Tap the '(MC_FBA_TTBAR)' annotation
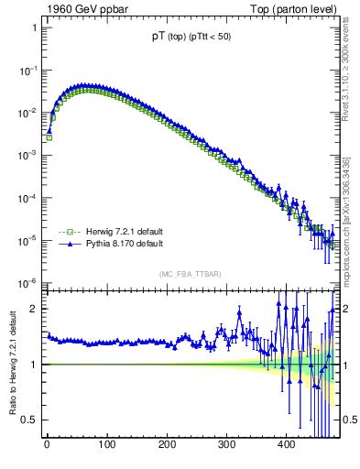tap(191, 274)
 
